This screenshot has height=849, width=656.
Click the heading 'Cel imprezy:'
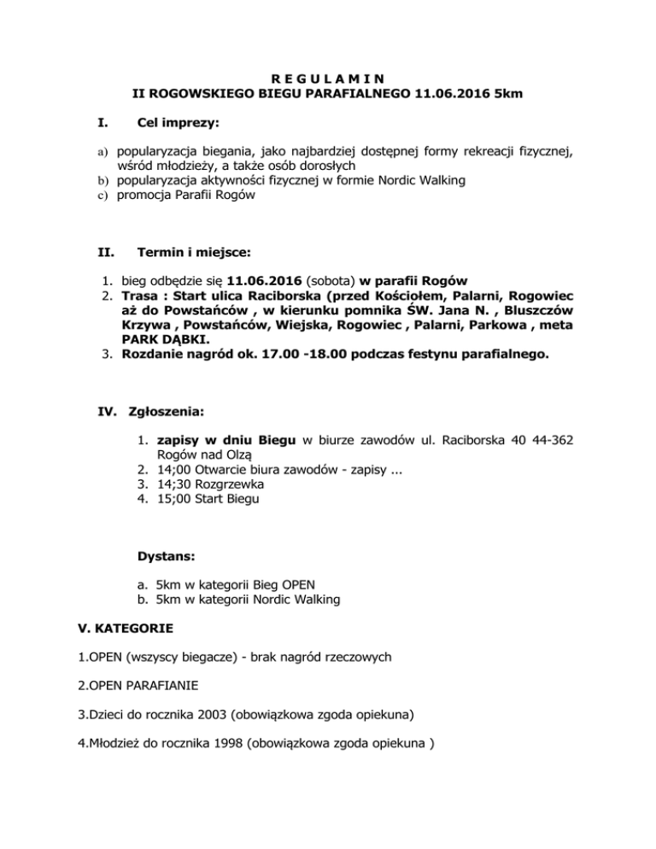[x=178, y=124]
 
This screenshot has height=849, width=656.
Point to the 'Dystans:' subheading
[x=166, y=556]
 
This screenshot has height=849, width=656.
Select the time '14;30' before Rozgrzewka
[x=173, y=483]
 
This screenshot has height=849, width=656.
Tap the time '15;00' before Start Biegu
[x=173, y=498]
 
